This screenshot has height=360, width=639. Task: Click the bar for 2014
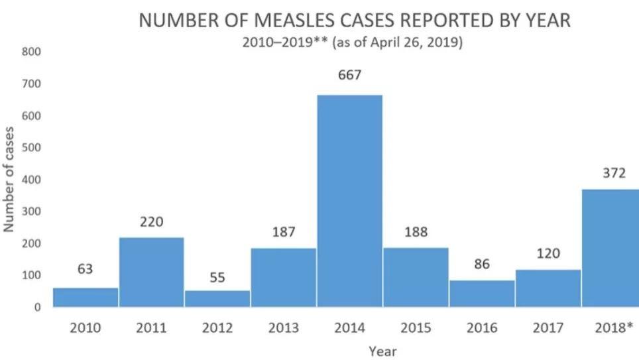pyautogui.click(x=349, y=201)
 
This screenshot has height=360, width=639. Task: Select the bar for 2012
pyautogui.click(x=217, y=298)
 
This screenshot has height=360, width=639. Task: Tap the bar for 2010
pyautogui.click(x=86, y=297)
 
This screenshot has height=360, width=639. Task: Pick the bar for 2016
pyautogui.click(x=482, y=293)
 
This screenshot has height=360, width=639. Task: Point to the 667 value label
pyautogui.click(x=349, y=76)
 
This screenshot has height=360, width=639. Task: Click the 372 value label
pyautogui.click(x=614, y=172)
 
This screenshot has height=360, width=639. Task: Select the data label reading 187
pyautogui.click(x=284, y=232)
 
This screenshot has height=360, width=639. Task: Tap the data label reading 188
pyautogui.click(x=416, y=232)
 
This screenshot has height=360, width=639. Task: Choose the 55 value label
pyautogui.click(x=217, y=277)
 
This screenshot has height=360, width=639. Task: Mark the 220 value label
pyautogui.click(x=151, y=221)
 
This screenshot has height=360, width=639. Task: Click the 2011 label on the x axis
pyautogui.click(x=151, y=328)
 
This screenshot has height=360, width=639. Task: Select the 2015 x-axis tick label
pyautogui.click(x=416, y=328)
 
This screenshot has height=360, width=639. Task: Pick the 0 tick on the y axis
pyautogui.click(x=37, y=307)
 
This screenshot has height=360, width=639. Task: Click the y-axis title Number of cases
pyautogui.click(x=9, y=179)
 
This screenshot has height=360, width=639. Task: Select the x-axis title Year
pyautogui.click(x=383, y=351)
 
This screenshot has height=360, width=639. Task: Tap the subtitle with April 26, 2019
pyautogui.click(x=352, y=42)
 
